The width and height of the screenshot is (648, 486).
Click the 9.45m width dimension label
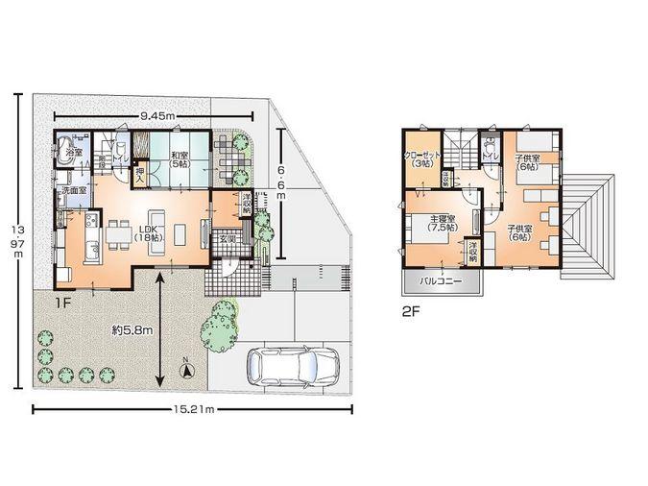tap(157, 116)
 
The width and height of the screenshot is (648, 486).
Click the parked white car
tap(293, 365)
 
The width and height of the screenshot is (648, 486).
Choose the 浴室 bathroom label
tap(73, 153)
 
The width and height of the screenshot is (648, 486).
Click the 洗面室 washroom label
tap(75, 192)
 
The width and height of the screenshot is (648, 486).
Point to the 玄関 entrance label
tap(228, 237)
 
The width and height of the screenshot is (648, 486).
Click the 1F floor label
tap(63, 302)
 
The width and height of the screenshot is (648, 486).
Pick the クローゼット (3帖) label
tap(421, 159)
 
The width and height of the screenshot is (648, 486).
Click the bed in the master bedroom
tap(423, 231)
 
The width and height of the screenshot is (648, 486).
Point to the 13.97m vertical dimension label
tap(17, 244)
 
